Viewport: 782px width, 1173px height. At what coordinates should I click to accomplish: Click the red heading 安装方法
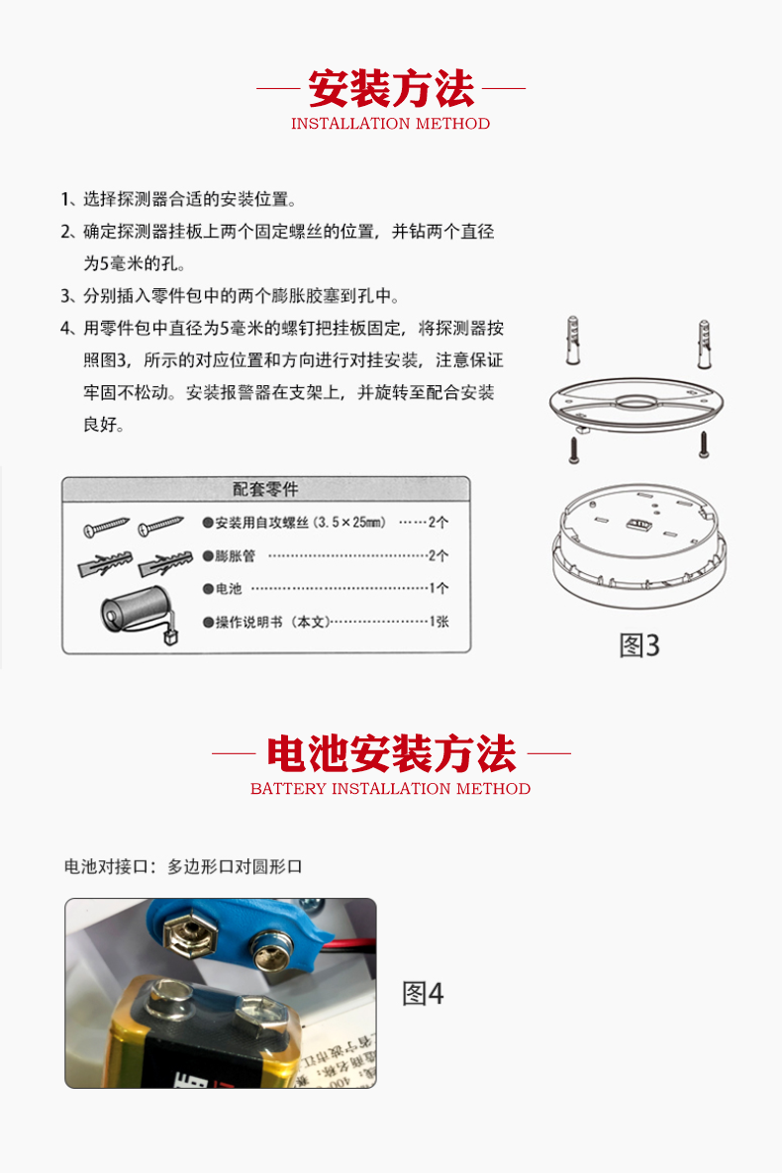[391, 88]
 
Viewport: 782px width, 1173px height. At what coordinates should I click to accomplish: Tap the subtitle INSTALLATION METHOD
[391, 124]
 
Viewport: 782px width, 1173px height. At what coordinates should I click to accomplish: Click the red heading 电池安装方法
[391, 753]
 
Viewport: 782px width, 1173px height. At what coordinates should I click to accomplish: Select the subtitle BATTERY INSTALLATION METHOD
[391, 789]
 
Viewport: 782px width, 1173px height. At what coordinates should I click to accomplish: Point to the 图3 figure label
[639, 645]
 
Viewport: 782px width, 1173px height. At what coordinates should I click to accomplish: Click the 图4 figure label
[423, 994]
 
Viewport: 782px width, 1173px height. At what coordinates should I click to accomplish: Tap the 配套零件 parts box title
[265, 489]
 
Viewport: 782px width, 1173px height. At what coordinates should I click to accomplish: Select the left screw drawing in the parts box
[106, 528]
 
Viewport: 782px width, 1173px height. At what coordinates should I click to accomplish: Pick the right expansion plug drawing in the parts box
[165, 563]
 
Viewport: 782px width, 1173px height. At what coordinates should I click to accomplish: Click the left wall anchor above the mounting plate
[573, 341]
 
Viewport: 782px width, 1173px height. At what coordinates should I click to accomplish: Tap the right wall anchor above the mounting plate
[704, 344]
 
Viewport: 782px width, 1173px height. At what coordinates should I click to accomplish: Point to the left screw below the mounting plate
[574, 449]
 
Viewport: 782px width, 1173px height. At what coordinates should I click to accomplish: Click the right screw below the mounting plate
[704, 444]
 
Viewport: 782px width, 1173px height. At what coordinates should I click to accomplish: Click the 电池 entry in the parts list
[229, 589]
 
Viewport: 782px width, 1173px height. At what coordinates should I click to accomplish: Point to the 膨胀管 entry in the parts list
[235, 556]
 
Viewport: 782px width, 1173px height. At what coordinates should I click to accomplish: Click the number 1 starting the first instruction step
[64, 199]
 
